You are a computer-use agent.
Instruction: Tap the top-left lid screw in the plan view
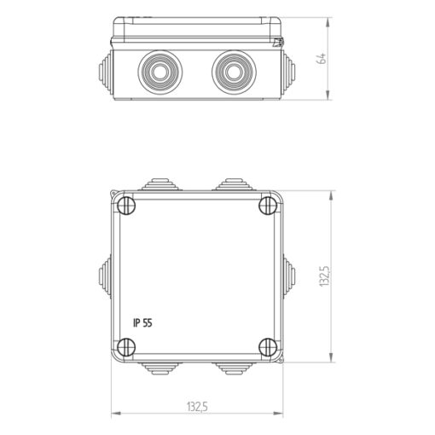tap(126, 206)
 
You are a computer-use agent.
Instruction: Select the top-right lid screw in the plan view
tap(267, 206)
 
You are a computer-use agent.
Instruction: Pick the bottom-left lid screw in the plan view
tap(126, 345)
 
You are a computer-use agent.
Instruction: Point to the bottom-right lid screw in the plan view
tap(267, 345)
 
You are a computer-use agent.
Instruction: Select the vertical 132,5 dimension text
tap(323, 276)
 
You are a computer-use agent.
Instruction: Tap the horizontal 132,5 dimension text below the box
tap(197, 407)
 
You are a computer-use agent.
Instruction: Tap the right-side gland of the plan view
tap(290, 275)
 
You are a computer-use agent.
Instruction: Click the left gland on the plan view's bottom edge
tap(161, 368)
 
